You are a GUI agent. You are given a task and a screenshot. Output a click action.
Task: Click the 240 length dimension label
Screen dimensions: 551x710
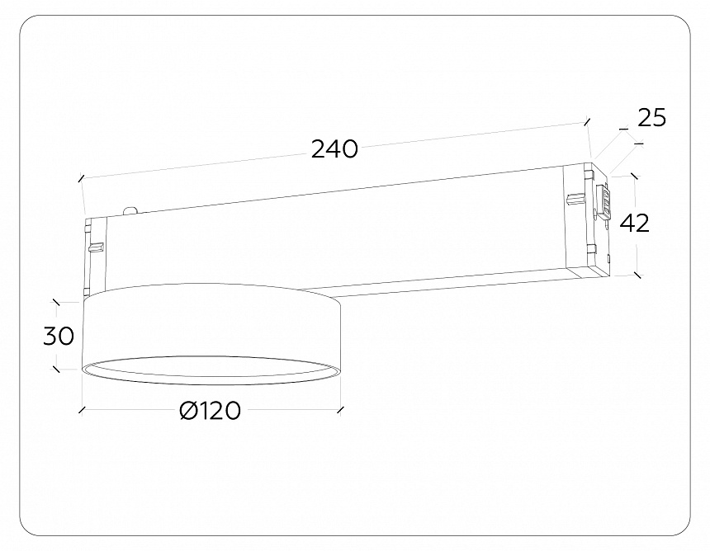334,149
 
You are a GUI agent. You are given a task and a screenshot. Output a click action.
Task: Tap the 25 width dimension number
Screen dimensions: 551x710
651,118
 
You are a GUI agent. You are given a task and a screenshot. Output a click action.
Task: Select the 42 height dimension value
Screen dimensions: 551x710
634,223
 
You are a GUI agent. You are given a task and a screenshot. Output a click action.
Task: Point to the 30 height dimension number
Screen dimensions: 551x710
59,336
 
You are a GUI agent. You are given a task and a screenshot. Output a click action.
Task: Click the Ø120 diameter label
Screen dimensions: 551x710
210,411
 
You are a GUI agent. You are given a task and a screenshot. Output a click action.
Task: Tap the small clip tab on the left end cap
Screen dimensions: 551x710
96,246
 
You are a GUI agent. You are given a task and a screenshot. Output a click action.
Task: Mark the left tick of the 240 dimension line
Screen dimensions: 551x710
81,177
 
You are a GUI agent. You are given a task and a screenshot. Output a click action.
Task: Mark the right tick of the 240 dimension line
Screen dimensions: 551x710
587,121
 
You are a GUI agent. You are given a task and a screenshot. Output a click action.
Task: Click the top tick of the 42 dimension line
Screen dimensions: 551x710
634,176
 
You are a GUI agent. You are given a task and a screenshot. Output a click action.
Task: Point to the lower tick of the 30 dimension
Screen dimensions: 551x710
55,370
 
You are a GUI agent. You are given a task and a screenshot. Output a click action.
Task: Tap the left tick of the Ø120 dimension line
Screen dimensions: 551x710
81,409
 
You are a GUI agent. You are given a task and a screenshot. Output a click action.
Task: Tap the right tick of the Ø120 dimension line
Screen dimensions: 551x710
339,409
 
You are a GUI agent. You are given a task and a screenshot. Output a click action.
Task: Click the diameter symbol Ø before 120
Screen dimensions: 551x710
187,411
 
